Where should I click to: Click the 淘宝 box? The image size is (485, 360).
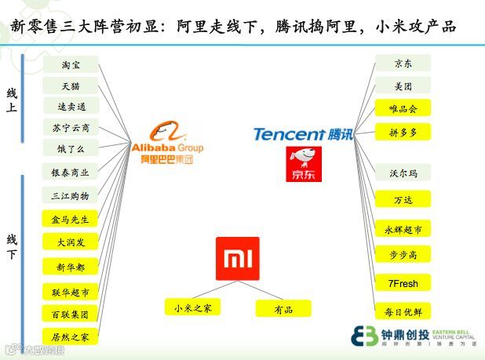[x=70, y=65]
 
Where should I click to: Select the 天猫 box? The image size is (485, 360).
[x=70, y=85]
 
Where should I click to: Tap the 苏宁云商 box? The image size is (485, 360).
[x=70, y=127]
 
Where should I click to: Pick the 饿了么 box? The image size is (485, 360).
[x=70, y=148]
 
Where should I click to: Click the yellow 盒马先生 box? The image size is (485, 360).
[x=70, y=220]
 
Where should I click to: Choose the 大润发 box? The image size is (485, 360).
[x=70, y=243]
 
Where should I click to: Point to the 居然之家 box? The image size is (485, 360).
[x=70, y=336]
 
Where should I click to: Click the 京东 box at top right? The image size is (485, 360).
[x=403, y=64]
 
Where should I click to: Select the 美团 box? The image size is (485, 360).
[x=403, y=86]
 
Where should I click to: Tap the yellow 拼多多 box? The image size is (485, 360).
[x=403, y=132]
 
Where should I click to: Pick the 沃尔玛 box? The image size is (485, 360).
[x=403, y=173]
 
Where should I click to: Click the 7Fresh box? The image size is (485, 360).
[x=403, y=282]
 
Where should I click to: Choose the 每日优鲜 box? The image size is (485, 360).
[x=403, y=311]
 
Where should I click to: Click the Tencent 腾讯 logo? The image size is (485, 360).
[x=303, y=134]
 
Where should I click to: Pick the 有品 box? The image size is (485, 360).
[x=283, y=309]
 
